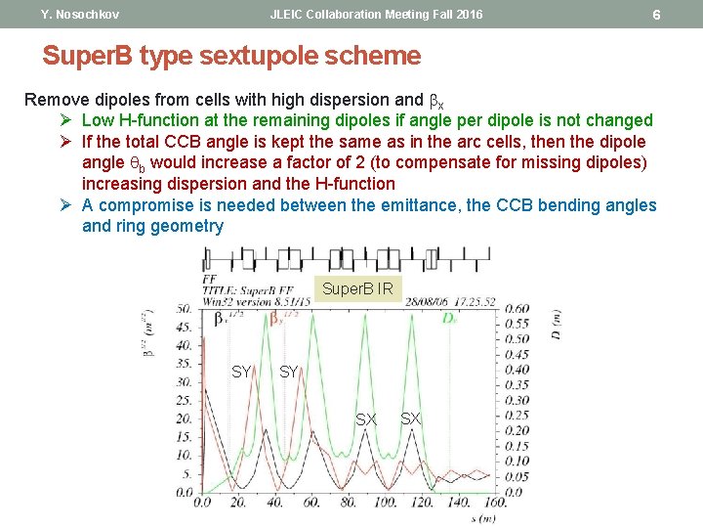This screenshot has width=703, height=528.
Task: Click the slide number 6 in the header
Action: [x=656, y=15]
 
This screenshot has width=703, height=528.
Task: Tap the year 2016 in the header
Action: [x=467, y=15]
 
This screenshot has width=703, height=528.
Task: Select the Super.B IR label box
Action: [x=357, y=289]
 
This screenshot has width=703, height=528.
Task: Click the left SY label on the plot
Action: [x=241, y=372]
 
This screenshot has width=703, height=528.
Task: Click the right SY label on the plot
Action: [x=289, y=372]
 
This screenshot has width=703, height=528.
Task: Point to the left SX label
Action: [x=366, y=418]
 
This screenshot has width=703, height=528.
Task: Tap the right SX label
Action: [x=411, y=418]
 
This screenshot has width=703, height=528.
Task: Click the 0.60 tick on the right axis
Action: [x=517, y=308]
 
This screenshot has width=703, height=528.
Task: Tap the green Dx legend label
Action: [x=449, y=318]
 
